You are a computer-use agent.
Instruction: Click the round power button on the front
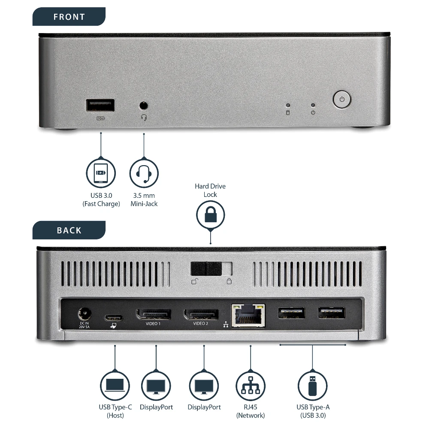tap(342, 99)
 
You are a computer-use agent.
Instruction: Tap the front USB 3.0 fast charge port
tap(100, 105)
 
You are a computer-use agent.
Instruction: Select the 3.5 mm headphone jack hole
tap(144, 105)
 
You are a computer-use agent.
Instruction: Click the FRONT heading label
tap(69, 17)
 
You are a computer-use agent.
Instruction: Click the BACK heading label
tap(69, 230)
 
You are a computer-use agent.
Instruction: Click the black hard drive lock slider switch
tap(206, 269)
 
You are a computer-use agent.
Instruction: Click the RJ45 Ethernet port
tap(248, 316)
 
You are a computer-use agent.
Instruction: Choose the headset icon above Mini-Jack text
tap(144, 174)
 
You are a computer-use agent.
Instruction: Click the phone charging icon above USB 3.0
tap(100, 174)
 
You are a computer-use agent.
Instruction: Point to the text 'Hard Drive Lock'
tap(210, 190)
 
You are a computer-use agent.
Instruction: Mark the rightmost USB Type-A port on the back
tap(332, 312)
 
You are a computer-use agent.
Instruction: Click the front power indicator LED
tap(313, 105)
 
